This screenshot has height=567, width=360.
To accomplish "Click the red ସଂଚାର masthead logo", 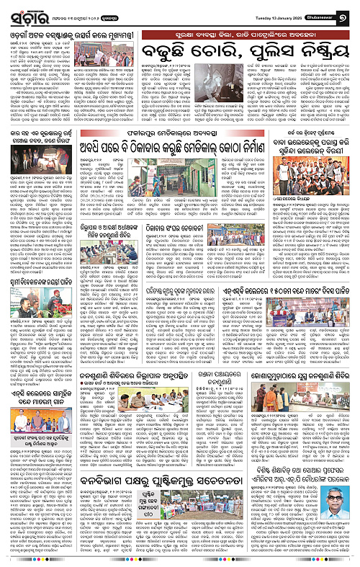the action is point(27,13).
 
